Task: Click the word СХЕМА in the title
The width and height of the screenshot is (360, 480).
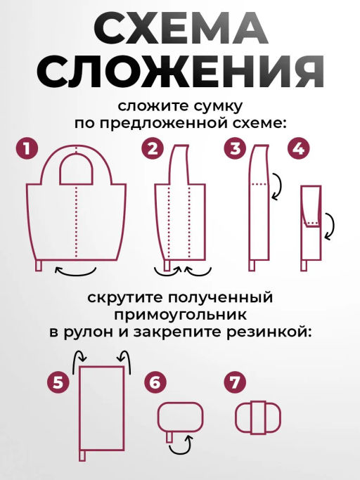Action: (x=180, y=30)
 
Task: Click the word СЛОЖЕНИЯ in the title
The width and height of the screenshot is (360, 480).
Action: (x=180, y=72)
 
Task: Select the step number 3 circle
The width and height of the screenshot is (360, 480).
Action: (x=235, y=148)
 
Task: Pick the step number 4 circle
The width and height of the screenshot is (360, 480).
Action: (x=297, y=148)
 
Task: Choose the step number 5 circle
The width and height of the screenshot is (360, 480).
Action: (x=59, y=383)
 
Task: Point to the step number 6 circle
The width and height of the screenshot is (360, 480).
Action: (x=155, y=383)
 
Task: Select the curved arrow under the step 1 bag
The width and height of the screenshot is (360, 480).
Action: (x=77, y=271)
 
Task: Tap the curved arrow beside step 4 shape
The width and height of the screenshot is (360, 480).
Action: (x=328, y=226)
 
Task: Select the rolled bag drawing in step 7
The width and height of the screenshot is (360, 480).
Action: (x=257, y=417)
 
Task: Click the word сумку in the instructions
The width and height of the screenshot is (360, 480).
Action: (x=216, y=107)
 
